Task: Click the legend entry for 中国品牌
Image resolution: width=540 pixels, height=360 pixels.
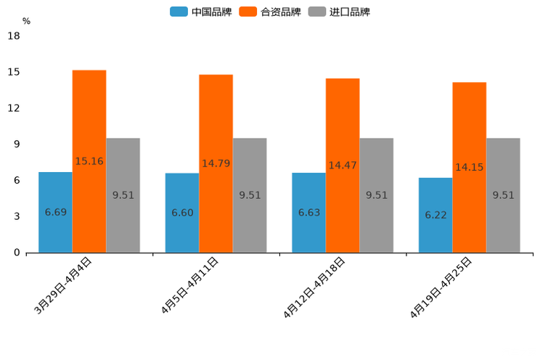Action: (200, 12)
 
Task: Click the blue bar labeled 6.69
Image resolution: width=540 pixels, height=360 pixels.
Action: (55, 212)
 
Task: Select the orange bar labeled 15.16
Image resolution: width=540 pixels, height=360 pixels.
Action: (89, 161)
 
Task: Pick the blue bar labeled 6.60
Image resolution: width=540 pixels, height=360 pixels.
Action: (182, 213)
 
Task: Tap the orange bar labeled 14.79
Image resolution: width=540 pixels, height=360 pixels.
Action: (216, 163)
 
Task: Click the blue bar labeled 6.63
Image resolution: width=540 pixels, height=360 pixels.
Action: (308, 213)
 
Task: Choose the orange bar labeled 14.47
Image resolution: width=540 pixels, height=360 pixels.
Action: (343, 165)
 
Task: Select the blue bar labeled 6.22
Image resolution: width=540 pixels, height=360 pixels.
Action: (435, 215)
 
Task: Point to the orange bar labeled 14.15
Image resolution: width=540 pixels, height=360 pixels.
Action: (469, 168)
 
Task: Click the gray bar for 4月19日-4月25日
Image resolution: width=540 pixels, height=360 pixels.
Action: (503, 195)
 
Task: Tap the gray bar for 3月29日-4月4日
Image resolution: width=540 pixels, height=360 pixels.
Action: (123, 195)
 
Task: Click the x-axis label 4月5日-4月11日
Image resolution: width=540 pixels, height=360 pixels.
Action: (189, 285)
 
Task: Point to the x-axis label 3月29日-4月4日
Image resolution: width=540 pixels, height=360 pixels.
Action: (63, 285)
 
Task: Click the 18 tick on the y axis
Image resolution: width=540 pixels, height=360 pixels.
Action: (14, 36)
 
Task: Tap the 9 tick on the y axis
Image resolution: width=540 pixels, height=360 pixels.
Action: (17, 144)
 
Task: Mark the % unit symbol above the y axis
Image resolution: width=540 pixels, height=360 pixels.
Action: (26, 21)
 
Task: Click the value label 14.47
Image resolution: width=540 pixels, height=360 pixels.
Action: (343, 165)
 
